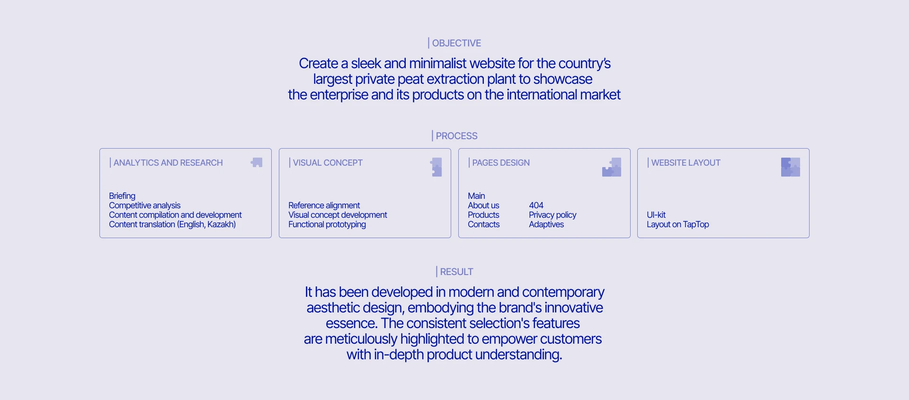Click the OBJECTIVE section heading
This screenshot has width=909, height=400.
coord(456,43)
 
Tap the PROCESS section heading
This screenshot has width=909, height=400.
coord(456,136)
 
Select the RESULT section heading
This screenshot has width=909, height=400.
coord(456,272)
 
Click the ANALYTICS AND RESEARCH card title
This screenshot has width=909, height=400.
coord(168,163)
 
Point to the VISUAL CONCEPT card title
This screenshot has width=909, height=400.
coord(328,163)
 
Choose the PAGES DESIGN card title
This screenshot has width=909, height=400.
coord(501,163)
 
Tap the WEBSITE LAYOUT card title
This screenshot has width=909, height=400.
coord(686,163)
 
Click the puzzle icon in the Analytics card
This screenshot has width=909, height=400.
coord(257,162)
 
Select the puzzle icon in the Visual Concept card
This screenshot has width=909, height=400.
coord(436,167)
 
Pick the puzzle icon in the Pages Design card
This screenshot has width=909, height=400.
coord(612,167)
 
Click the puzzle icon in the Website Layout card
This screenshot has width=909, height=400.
coord(791,167)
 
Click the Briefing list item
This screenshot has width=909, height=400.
coord(122,196)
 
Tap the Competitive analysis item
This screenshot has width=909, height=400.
coord(145,205)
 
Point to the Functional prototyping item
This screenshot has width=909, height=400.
coord(327,224)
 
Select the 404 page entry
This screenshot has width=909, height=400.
coord(536,205)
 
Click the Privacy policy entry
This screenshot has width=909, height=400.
coord(553,215)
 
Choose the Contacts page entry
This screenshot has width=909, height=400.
coord(483,224)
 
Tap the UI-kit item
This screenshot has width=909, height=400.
coord(656,215)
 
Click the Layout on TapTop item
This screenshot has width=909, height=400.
coord(678,224)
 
